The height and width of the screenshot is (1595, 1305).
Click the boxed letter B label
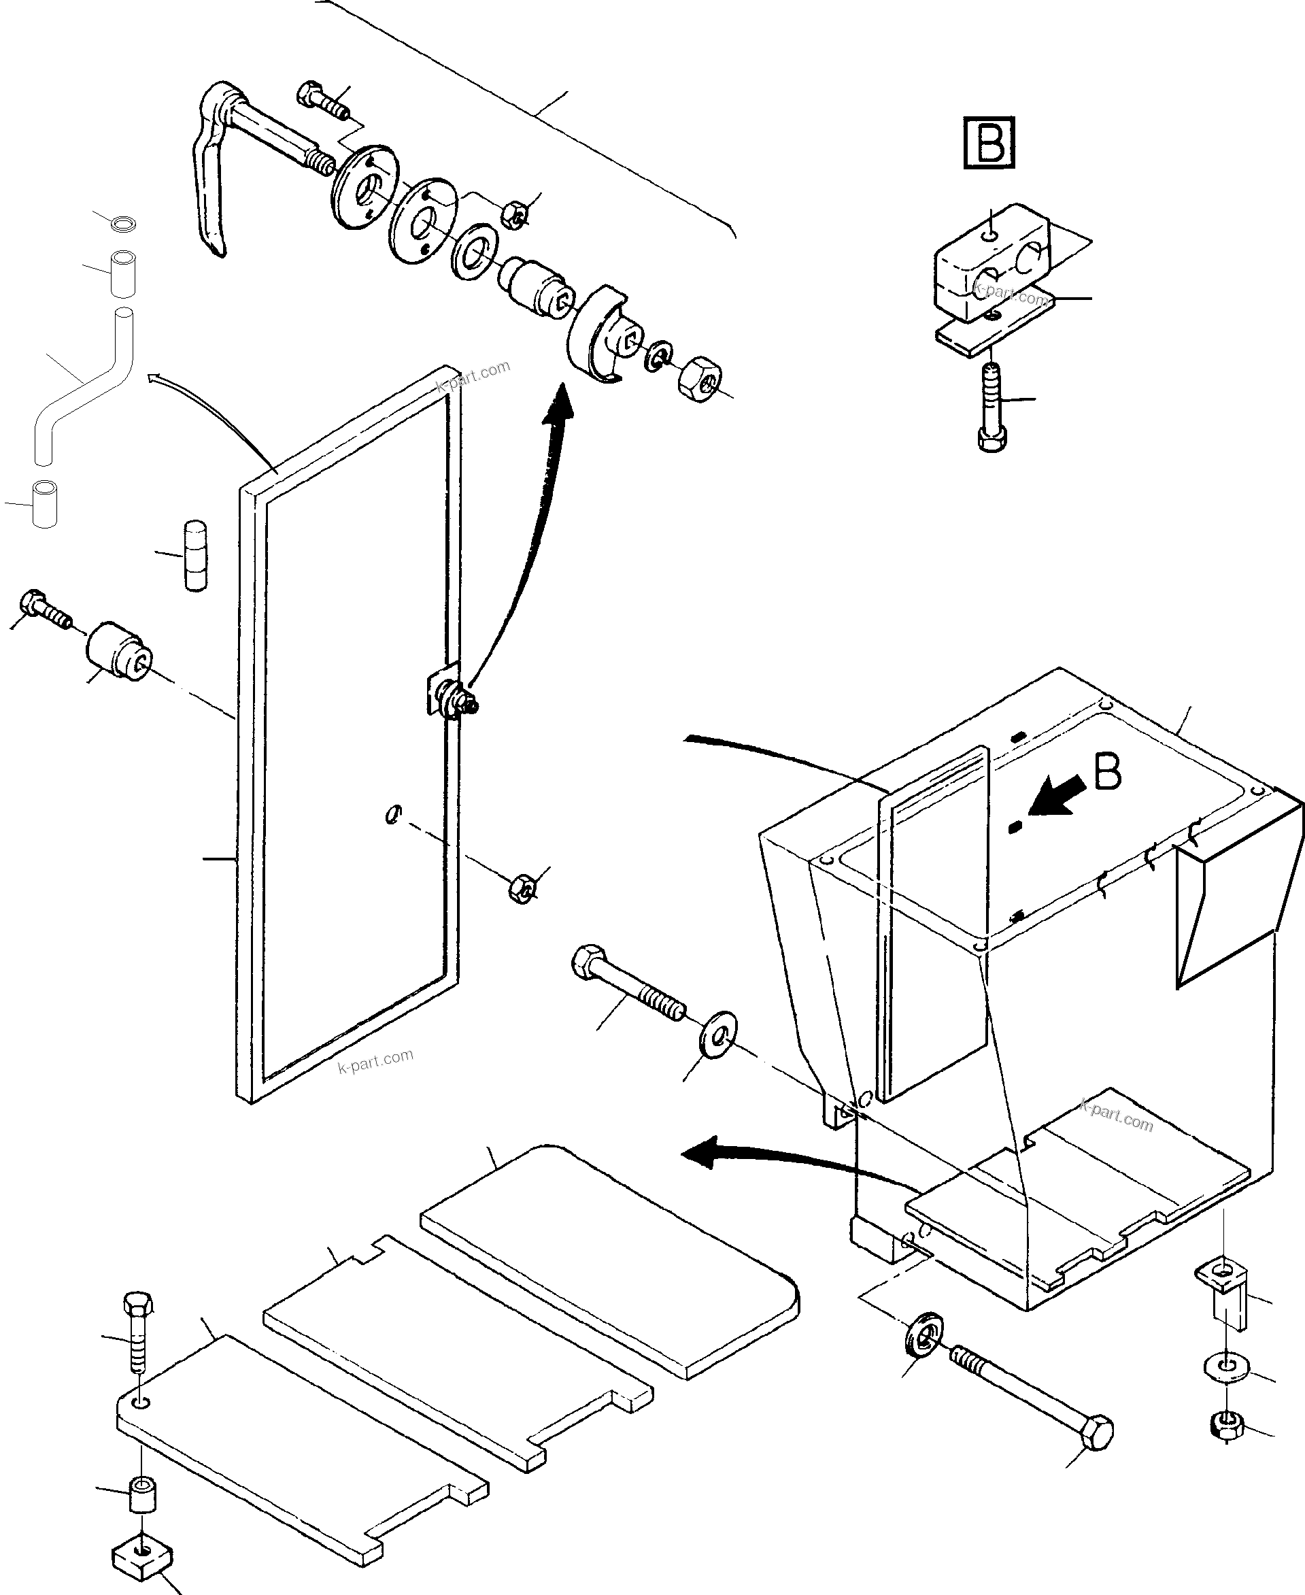[x=989, y=142]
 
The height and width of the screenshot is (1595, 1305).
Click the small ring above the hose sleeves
[x=122, y=223]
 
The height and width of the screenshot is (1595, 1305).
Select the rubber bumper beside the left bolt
[x=119, y=650]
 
